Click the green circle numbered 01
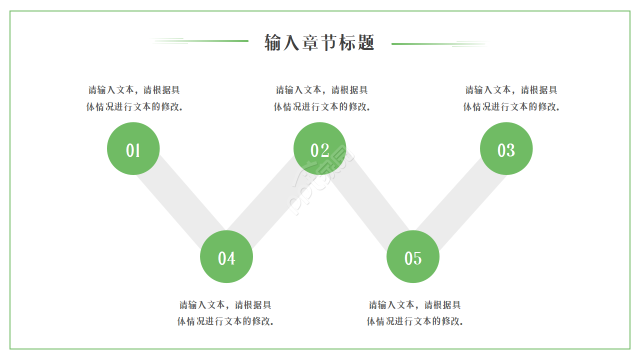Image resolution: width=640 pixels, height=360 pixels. (x=133, y=148)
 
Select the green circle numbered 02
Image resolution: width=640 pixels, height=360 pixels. (x=319, y=148)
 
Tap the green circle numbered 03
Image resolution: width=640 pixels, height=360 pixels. (x=506, y=148)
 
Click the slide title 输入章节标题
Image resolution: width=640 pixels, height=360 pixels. (x=319, y=42)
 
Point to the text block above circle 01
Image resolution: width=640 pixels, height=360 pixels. (x=134, y=98)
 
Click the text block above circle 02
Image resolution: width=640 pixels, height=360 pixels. (x=321, y=98)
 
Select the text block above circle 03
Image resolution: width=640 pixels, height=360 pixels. (x=511, y=98)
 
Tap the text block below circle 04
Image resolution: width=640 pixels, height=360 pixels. (x=225, y=313)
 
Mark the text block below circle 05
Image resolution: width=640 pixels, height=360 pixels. (x=414, y=313)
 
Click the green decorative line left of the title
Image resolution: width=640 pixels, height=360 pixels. (x=215, y=41)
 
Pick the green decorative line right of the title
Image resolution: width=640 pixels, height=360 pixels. (x=425, y=44)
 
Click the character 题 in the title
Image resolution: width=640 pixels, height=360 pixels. (x=366, y=42)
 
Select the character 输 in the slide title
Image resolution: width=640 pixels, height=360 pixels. (x=273, y=42)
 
